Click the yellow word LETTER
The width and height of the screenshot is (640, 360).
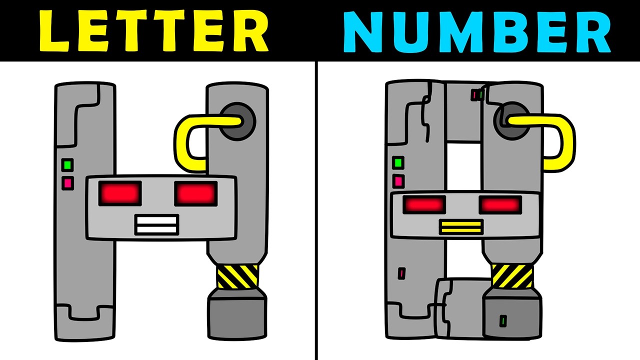pyautogui.click(x=153, y=31)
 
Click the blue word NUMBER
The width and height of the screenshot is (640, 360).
pyautogui.click(x=477, y=32)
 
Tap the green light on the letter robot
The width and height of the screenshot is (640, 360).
pyautogui.click(x=67, y=165)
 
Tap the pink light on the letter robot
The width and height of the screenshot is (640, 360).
pyautogui.click(x=67, y=183)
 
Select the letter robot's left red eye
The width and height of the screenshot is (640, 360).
pyautogui.click(x=120, y=193)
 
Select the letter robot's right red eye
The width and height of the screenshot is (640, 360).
pyautogui.click(x=195, y=193)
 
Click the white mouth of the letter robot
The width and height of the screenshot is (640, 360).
pyautogui.click(x=157, y=225)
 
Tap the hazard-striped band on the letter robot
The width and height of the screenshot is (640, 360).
pyautogui.click(x=237, y=276)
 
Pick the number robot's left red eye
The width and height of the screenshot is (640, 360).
pyautogui.click(x=424, y=205)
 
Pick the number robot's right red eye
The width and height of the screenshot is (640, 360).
pyautogui.click(x=500, y=205)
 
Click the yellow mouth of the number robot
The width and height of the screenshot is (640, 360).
pyautogui.click(x=461, y=227)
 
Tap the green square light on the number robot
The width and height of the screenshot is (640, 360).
pyautogui.click(x=398, y=163)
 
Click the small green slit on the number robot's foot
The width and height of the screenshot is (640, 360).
pyautogui.click(x=503, y=321)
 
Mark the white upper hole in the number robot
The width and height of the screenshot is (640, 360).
pyautogui.click(x=463, y=166)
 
